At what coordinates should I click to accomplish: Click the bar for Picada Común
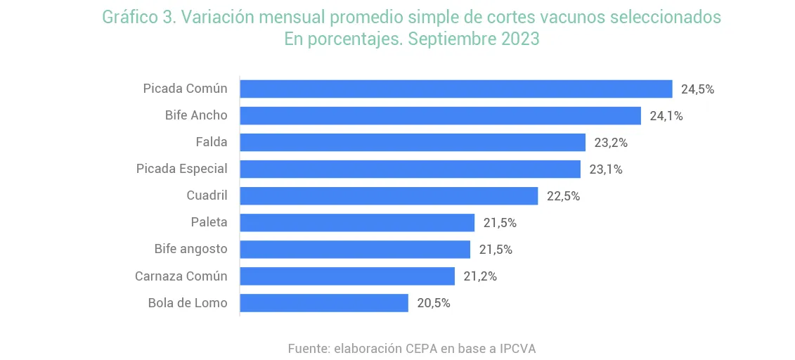pos(456,89)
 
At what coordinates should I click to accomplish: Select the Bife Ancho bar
pos(440,115)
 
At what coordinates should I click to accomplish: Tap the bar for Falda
pos(413,142)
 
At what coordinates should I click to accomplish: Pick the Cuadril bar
pos(389,195)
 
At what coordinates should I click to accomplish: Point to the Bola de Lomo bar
pos(324,303)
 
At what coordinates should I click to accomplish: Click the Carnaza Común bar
pos(347,276)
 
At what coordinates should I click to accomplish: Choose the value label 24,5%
pos(697,89)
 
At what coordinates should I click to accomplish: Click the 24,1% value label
pos(666,116)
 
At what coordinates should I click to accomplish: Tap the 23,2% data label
pos(610,143)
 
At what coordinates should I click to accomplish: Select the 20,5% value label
pos(433,303)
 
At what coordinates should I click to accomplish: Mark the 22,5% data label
pos(563,196)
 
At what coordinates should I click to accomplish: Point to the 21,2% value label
pos(480,276)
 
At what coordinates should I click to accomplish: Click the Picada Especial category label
pos(181,169)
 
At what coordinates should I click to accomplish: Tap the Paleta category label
pos(209,222)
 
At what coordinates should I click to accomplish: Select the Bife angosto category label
pos(190,249)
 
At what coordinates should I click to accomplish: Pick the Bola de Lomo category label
pos(188,303)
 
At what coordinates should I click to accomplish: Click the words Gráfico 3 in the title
pos(138,18)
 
